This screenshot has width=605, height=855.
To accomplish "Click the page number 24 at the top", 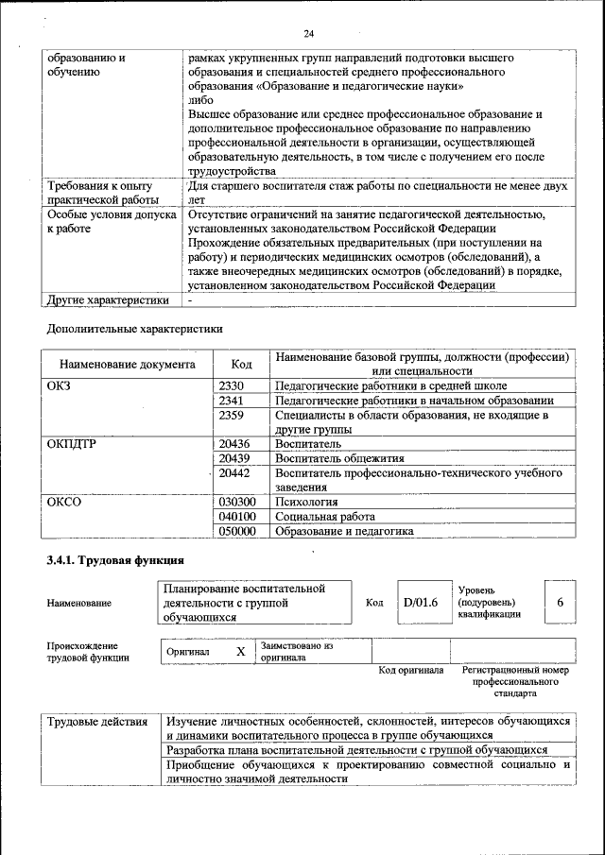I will [308, 35].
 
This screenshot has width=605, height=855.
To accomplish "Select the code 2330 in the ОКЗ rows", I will [232, 385].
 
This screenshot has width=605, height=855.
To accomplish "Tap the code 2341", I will [232, 400].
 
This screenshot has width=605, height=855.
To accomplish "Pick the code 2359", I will [232, 415].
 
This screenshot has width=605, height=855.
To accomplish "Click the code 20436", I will [234, 443].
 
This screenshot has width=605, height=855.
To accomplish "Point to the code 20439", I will [234, 457].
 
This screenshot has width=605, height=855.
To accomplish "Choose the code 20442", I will [234, 472].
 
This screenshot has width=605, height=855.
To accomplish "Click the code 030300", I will [237, 502].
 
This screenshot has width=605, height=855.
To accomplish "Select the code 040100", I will [237, 517].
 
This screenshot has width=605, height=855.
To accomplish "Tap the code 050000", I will [237, 531].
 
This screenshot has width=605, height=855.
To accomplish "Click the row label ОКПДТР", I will [72, 443].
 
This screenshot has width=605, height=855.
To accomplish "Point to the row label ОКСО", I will [64, 502].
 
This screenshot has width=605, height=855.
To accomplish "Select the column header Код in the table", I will [241, 364].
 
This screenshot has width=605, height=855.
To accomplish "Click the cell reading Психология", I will [306, 502].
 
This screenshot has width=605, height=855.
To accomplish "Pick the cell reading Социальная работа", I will [325, 517].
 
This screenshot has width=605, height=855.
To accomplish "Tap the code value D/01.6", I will [421, 603].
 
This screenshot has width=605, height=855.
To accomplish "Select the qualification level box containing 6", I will [561, 603].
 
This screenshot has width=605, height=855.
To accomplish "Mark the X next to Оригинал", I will [240, 652].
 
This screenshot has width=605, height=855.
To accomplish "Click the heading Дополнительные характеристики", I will [135, 330].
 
